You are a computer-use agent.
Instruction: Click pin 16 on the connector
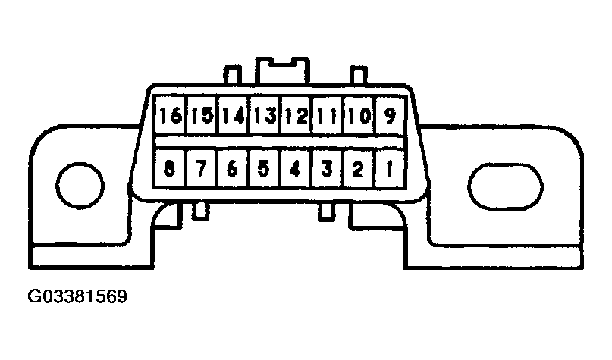[x=170, y=115]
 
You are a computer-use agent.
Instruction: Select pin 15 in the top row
[x=202, y=115]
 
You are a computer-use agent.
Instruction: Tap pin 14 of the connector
[x=233, y=115]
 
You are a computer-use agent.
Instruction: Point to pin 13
[x=264, y=115]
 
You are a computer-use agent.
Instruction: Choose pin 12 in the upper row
[x=296, y=115]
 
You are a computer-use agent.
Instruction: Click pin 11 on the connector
[x=327, y=115]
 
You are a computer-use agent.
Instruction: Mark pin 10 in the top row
[x=358, y=115]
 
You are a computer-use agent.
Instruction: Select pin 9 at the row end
[x=390, y=115]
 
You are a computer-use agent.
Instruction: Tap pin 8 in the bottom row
[x=169, y=168]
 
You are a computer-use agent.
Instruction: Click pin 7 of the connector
[x=201, y=168]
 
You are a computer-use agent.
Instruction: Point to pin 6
[x=233, y=168]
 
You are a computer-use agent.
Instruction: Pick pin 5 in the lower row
[x=264, y=168]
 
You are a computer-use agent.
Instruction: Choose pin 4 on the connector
[x=296, y=168]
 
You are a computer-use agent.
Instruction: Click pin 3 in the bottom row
[x=327, y=168]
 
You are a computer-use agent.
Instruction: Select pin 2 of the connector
[x=358, y=168]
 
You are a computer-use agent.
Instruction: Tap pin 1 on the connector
[x=390, y=168]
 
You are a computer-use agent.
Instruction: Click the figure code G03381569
[x=77, y=296]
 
